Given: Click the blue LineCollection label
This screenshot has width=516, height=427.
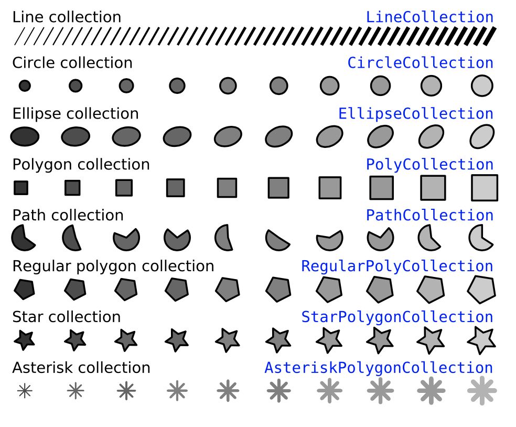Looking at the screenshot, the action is (430, 17).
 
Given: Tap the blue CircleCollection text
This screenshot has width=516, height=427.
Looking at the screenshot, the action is (421, 63).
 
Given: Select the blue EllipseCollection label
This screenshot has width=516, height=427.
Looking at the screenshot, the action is (416, 114).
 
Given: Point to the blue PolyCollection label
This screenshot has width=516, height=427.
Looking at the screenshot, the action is (430, 165).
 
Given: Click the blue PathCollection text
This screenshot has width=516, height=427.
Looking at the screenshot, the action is (430, 215).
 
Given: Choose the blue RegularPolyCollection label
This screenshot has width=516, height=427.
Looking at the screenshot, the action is (397, 266).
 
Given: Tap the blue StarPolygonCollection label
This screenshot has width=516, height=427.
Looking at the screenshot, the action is (397, 317).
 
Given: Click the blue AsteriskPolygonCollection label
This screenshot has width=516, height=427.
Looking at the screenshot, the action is (379, 368).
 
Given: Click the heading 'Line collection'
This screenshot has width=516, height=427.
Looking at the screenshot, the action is (67, 17).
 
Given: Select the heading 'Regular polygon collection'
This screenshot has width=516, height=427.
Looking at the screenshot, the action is (113, 266).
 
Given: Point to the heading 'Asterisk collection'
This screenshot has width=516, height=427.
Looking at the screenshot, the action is (81, 368).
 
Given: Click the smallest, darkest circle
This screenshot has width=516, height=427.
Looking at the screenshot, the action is (25, 86).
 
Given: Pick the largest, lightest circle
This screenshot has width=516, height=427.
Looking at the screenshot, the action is (482, 86).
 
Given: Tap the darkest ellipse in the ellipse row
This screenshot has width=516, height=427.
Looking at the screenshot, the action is (25, 136).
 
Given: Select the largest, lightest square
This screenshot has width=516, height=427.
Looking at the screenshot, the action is (485, 188).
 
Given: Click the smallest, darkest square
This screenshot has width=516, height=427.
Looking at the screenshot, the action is (21, 188).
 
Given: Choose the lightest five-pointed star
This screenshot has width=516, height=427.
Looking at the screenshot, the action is (481, 340).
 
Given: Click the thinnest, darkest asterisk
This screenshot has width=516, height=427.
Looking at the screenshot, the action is (25, 391).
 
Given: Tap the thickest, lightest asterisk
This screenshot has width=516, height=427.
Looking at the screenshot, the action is (482, 391).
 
